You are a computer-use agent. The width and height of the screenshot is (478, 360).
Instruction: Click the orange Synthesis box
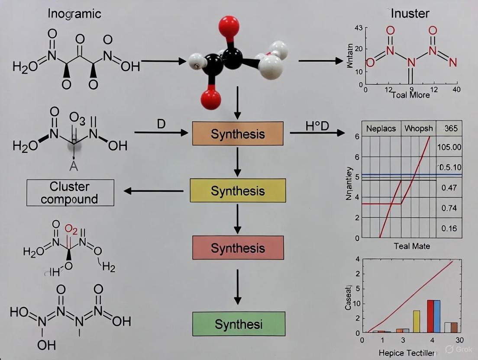(238, 133)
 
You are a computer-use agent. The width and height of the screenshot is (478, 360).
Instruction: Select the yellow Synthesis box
(238, 190)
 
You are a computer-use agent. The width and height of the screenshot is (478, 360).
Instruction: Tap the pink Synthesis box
(238, 247)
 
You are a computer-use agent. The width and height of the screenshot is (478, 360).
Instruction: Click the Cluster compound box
(70, 193)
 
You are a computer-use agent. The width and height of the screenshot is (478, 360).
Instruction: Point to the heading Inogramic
(74, 14)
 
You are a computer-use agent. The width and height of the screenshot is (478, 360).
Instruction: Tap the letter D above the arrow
(161, 124)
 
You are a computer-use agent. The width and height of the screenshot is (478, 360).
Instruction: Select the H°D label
(317, 126)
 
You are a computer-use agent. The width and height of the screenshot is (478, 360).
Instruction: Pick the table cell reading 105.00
(449, 147)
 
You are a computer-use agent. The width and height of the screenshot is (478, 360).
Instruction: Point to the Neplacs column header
(381, 129)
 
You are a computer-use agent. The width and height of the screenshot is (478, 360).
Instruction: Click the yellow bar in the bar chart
(417, 321)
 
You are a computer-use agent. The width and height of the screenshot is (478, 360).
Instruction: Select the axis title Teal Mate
(412, 246)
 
